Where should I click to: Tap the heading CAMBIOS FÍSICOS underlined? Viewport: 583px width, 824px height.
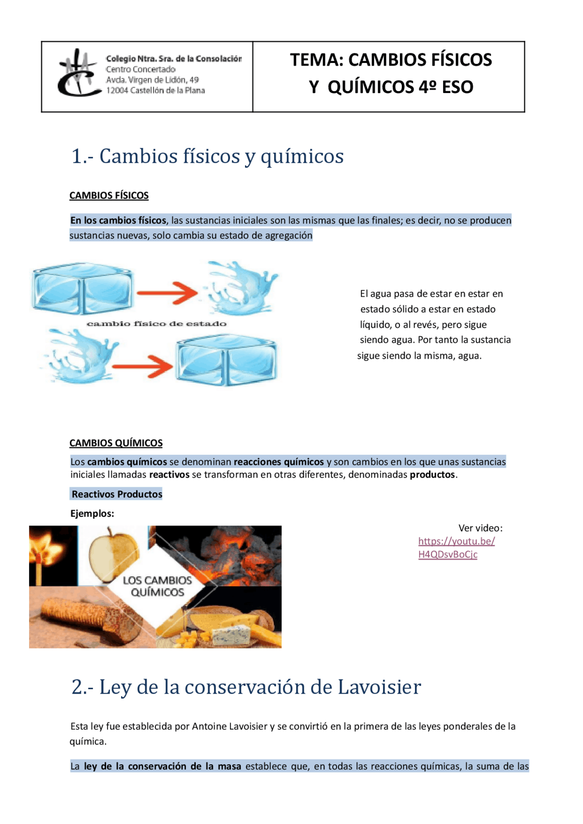[x=109, y=196]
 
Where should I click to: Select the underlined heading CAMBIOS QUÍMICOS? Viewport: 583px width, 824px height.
[x=116, y=443]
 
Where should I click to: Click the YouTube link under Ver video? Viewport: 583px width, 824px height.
[x=456, y=548]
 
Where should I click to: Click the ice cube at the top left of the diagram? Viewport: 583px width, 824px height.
[x=82, y=288]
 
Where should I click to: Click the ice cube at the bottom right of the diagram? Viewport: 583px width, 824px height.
[x=226, y=360]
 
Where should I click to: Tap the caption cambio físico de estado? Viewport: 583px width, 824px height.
[x=156, y=324]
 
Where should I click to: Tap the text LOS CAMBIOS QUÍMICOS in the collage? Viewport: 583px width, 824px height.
[x=157, y=586]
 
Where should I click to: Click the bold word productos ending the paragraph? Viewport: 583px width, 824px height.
[x=432, y=474]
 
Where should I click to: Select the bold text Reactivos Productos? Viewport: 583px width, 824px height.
[x=117, y=494]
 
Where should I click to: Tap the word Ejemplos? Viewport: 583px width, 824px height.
[x=92, y=514]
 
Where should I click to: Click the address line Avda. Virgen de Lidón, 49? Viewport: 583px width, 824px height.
[x=152, y=80]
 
